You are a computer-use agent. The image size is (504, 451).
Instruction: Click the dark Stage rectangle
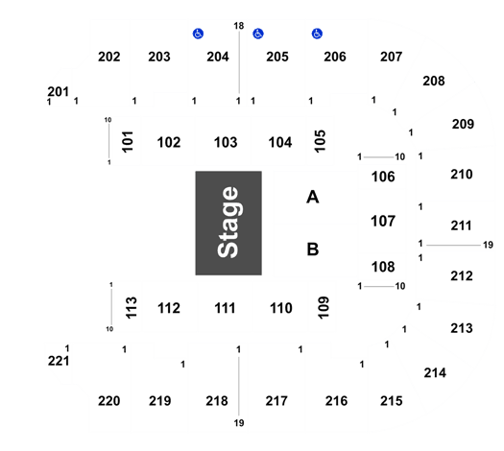point(228,223)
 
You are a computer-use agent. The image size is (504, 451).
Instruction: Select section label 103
point(226,142)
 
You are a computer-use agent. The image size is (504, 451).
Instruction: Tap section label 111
point(225,308)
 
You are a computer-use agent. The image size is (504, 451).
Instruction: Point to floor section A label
point(313,197)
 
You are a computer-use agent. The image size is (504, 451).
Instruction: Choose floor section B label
point(313,249)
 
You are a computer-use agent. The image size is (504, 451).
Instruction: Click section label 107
point(383,221)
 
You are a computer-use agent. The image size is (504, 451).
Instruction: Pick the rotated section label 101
point(128,142)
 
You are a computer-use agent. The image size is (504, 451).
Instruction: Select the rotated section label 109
point(324,307)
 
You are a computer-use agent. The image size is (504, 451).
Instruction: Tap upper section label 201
point(59,91)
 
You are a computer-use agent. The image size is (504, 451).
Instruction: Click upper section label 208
point(434,81)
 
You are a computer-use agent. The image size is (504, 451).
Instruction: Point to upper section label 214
point(435,373)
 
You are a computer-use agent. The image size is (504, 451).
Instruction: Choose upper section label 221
point(59,361)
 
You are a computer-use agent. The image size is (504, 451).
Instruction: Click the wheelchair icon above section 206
point(317,34)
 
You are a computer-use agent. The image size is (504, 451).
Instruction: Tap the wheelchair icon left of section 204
point(198,34)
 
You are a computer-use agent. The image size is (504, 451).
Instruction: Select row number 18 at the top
point(239,26)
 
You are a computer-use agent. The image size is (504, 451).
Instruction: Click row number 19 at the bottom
point(239,423)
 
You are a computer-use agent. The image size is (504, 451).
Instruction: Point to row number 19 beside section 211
point(488,245)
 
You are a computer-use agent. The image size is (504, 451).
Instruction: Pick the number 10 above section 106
point(400,156)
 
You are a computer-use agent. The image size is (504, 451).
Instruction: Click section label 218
point(217,401)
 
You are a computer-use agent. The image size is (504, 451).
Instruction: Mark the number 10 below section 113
point(109,329)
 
